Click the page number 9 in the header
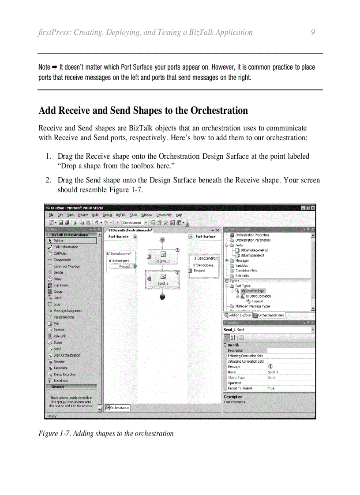312,32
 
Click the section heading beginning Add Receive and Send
143,110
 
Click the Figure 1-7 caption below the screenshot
106,433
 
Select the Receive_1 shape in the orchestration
162,257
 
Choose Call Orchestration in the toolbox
66,247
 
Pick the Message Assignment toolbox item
67,311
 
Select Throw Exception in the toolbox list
65,374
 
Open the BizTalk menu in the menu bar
120,215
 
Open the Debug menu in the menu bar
107,215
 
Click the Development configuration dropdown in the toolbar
135,223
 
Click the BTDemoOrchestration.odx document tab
130,230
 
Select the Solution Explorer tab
239,315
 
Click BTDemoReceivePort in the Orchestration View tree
254,250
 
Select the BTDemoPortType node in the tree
252,291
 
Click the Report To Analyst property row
269,388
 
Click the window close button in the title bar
312,208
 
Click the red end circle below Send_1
162,297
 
